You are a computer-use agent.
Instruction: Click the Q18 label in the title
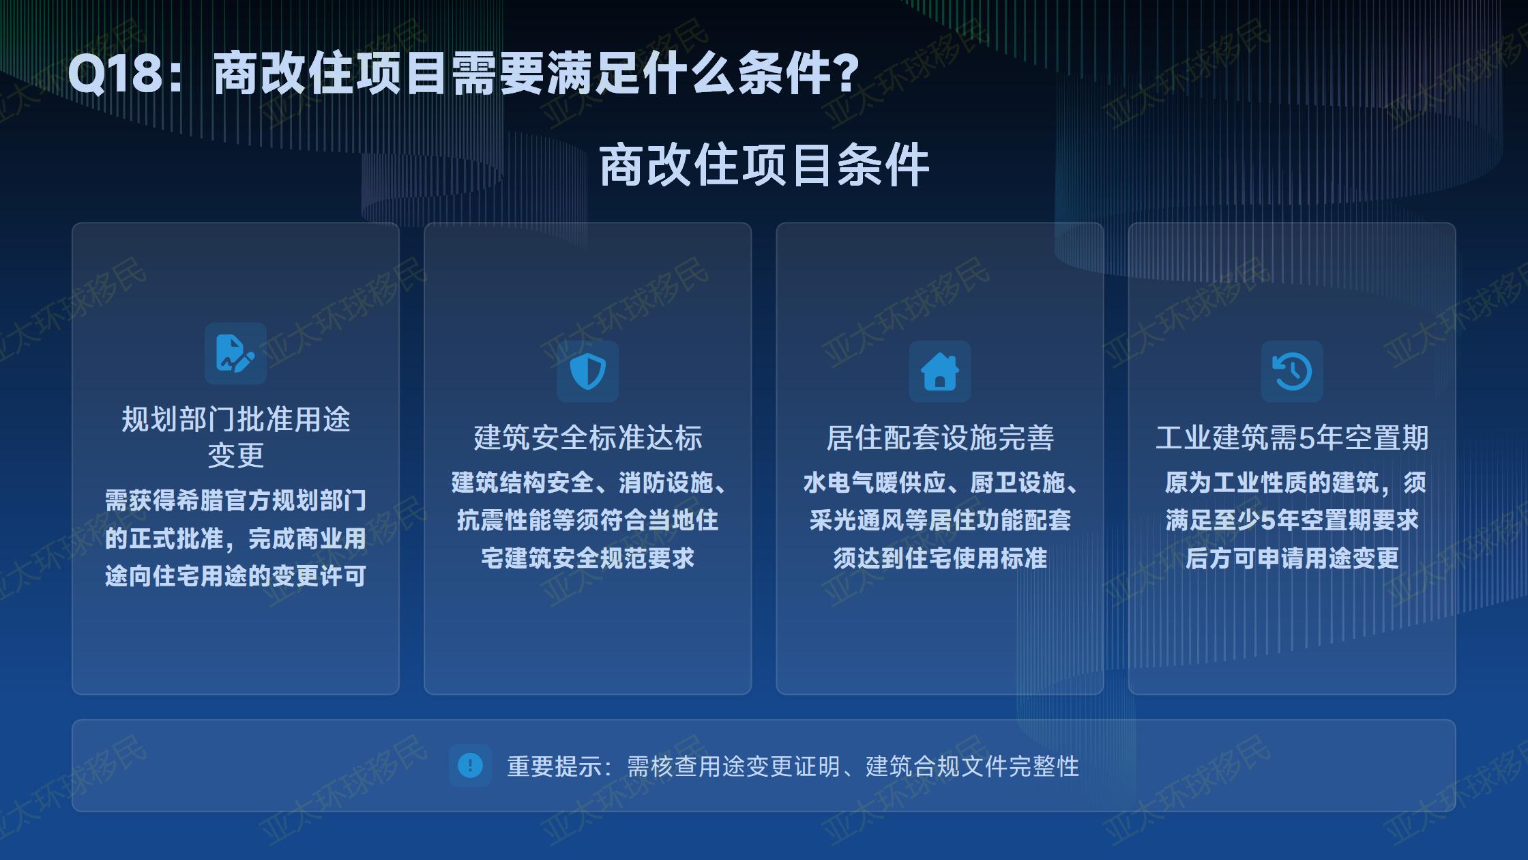tap(116, 74)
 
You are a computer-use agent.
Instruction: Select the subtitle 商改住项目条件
tap(764, 165)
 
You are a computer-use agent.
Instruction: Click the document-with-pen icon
tap(235, 354)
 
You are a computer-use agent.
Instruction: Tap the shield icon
tap(587, 371)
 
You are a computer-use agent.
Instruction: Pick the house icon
tap(939, 371)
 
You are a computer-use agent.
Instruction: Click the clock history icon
tap(1292, 371)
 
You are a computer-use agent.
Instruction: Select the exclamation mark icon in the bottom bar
tap(470, 765)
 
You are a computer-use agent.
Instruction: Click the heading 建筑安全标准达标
tap(588, 438)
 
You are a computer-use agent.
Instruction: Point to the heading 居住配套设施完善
tap(940, 438)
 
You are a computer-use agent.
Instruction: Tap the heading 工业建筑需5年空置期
tap(1292, 438)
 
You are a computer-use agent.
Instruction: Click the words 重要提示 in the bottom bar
tap(555, 766)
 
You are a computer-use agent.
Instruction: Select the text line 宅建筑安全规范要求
tap(588, 558)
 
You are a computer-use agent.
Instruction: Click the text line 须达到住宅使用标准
tap(940, 558)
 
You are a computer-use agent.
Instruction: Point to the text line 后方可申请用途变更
tap(1292, 558)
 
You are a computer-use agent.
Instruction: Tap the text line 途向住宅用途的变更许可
tap(235, 576)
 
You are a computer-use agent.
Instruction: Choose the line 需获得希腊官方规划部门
tap(235, 500)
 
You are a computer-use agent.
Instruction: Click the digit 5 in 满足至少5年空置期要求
tap(1267, 521)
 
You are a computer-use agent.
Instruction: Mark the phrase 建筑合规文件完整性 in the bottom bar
tap(972, 766)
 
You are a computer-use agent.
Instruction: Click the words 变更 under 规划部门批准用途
tap(235, 455)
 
